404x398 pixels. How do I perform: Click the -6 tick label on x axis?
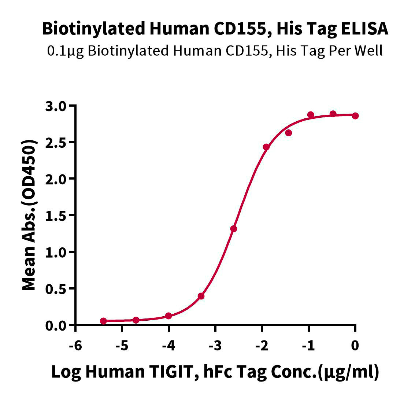pos(75,345)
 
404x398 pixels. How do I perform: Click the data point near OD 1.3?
pos(234,229)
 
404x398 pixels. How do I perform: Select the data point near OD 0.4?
pos(201,296)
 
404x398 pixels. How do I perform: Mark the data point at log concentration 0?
pos(355,116)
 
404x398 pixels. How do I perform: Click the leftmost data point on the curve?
pos(103,321)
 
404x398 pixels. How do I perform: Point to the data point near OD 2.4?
pos(266,147)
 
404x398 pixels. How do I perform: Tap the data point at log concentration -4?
pos(168,316)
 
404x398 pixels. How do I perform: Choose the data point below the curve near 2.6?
pos(289,133)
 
